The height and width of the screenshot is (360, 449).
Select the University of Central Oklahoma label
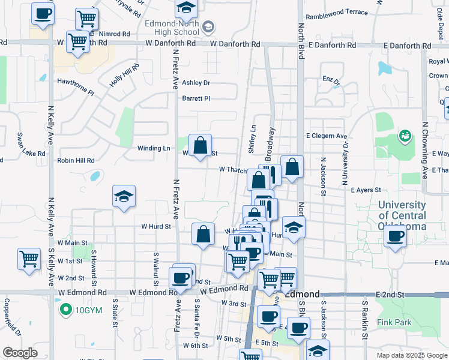(402, 215)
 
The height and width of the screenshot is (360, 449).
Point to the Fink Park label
(394, 322)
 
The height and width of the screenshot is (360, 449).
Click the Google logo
(19, 353)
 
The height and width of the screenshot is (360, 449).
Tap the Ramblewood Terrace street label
(336, 12)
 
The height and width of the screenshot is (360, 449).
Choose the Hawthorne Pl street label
(76, 86)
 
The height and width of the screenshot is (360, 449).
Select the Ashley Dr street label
(196, 83)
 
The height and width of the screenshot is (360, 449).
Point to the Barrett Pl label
(196, 98)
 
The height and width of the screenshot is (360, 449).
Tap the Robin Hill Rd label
(76, 161)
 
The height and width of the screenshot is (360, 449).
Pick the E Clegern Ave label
(327, 136)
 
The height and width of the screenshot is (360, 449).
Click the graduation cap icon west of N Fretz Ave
(124, 196)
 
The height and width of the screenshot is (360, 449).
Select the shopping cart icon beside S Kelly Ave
(29, 259)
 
